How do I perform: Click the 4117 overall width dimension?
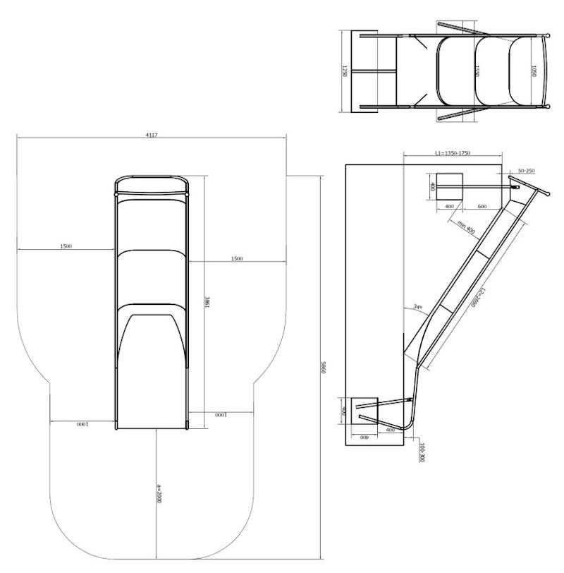(x=152, y=134)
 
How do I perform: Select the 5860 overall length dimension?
(x=322, y=367)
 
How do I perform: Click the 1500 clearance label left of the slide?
(x=66, y=247)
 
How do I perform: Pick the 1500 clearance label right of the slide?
(x=237, y=259)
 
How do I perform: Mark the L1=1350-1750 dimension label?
(x=451, y=153)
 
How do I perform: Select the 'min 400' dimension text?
(x=465, y=227)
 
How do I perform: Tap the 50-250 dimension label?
(x=527, y=171)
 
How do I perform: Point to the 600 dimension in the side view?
(x=482, y=206)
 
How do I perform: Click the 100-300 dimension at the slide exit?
(x=422, y=453)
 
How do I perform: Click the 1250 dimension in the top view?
(x=345, y=71)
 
